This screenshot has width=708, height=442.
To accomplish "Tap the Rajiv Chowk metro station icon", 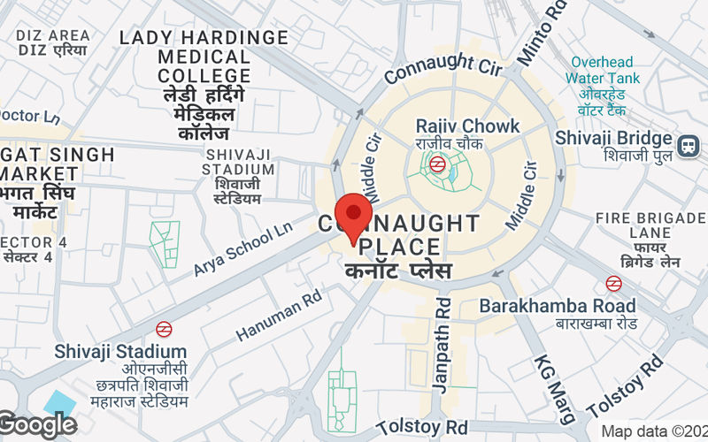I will click(436, 164).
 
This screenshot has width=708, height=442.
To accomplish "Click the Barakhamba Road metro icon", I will click(613, 284).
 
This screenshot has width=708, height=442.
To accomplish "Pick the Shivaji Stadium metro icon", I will click(163, 329).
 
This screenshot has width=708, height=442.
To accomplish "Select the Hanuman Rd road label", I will click(278, 317).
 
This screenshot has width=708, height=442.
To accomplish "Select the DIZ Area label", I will click(53, 42).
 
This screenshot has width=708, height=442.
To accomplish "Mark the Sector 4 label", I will click(31, 249).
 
